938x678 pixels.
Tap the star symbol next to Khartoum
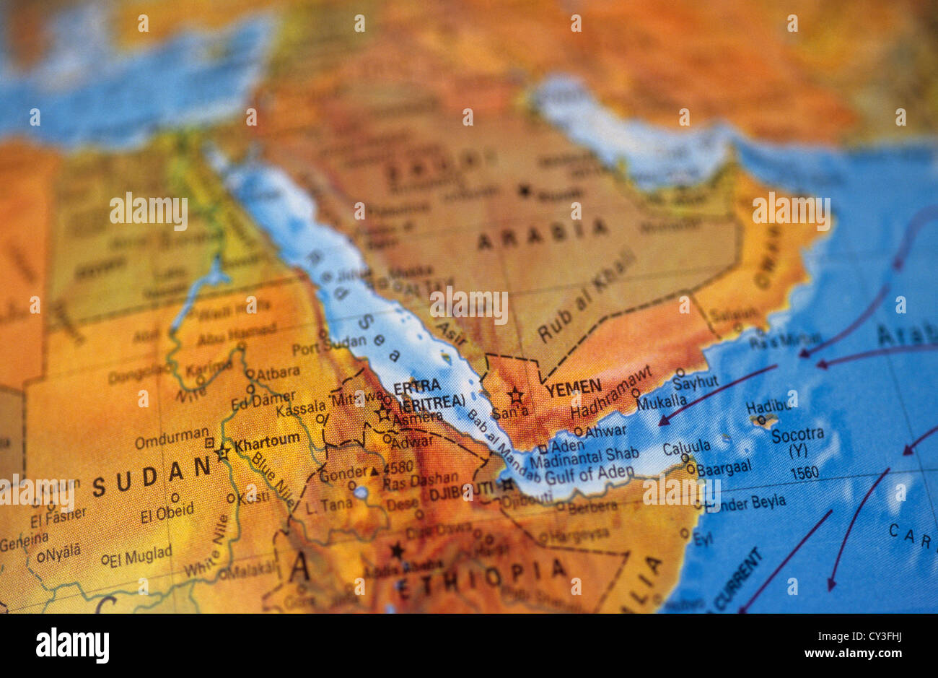222,453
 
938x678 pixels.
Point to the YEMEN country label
573,388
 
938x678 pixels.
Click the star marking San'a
515,396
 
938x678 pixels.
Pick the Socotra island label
797,435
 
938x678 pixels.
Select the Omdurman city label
171,435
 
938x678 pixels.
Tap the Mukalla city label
662,401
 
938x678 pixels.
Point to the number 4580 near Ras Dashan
398,466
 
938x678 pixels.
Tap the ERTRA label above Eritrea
417,385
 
